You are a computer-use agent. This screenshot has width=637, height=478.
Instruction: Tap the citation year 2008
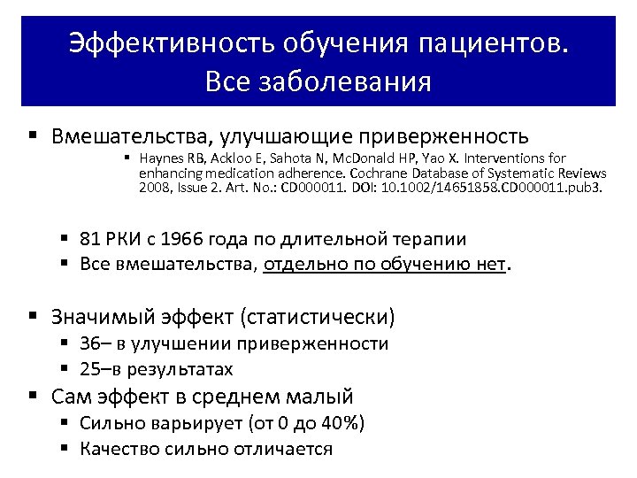[x=154, y=188]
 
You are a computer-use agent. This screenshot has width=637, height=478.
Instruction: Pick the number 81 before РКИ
[x=90, y=239]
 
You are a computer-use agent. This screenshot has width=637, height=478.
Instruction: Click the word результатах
[x=182, y=368]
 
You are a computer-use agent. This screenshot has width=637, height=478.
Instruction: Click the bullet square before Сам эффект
[x=33, y=395]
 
